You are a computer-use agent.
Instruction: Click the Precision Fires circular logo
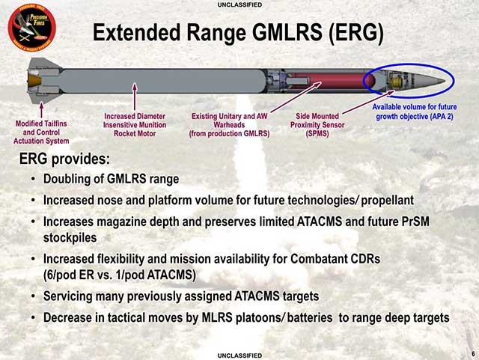(x=31, y=28)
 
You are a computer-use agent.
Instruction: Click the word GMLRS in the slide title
(x=287, y=32)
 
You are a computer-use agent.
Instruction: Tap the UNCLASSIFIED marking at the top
(x=239, y=5)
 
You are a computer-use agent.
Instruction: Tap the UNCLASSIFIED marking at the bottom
(x=239, y=356)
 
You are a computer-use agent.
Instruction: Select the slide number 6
(x=474, y=354)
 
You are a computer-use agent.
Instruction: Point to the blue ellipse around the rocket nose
(x=409, y=81)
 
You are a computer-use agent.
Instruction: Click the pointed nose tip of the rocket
(x=445, y=81)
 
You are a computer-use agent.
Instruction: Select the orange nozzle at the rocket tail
(x=34, y=81)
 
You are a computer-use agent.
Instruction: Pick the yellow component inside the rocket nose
(x=397, y=82)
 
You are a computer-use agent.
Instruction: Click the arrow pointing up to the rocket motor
(x=135, y=97)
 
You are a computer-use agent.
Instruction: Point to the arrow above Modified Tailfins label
(x=41, y=110)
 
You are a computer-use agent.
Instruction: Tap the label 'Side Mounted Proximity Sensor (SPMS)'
(x=317, y=125)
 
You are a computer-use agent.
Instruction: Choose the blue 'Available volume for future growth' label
(x=415, y=112)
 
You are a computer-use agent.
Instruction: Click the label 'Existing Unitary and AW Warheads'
(x=229, y=125)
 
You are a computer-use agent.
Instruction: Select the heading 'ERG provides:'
(x=64, y=159)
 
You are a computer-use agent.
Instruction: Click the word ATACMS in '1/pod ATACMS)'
(x=171, y=275)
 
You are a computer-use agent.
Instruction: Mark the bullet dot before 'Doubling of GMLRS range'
(x=33, y=179)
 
